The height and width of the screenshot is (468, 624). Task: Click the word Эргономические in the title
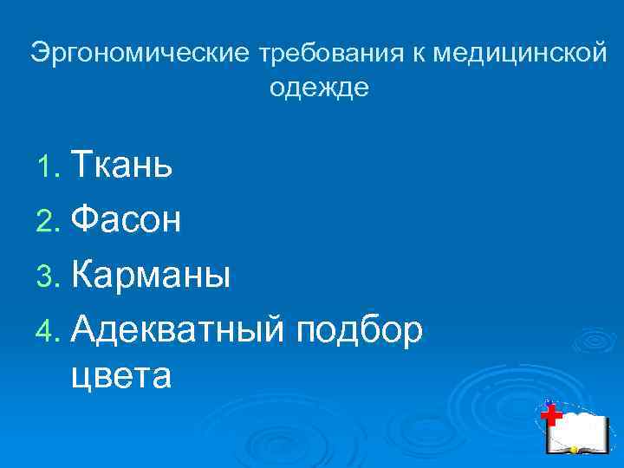click(141, 55)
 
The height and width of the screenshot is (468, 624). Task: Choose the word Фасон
click(127, 220)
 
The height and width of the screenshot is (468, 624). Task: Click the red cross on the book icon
click(550, 415)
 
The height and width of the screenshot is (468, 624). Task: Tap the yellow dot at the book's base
click(573, 450)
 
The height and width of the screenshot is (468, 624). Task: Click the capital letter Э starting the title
click(40, 55)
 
